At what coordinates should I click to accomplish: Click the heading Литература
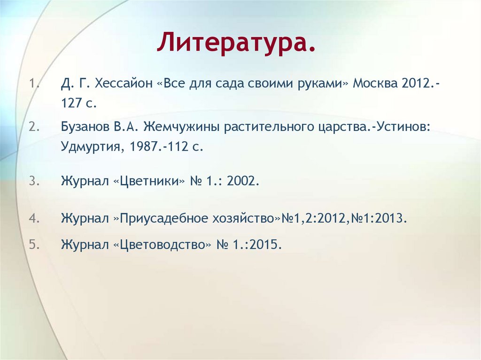[236, 43]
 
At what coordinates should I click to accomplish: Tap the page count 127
[71, 104]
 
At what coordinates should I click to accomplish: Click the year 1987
[143, 146]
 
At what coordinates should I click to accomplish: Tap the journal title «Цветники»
[149, 181]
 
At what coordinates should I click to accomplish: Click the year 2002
[242, 181]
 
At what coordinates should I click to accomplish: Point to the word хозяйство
[248, 219]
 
